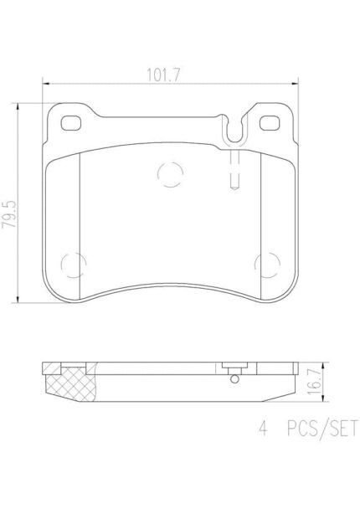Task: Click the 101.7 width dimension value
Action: pos(163,75)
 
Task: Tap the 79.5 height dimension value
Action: pos(9,214)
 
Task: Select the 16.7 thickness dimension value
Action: pos(314,382)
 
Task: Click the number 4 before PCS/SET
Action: pos(263,428)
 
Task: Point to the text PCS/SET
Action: pos(322,429)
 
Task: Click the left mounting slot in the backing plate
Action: pos(71,123)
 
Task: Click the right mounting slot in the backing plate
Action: pos(270,123)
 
